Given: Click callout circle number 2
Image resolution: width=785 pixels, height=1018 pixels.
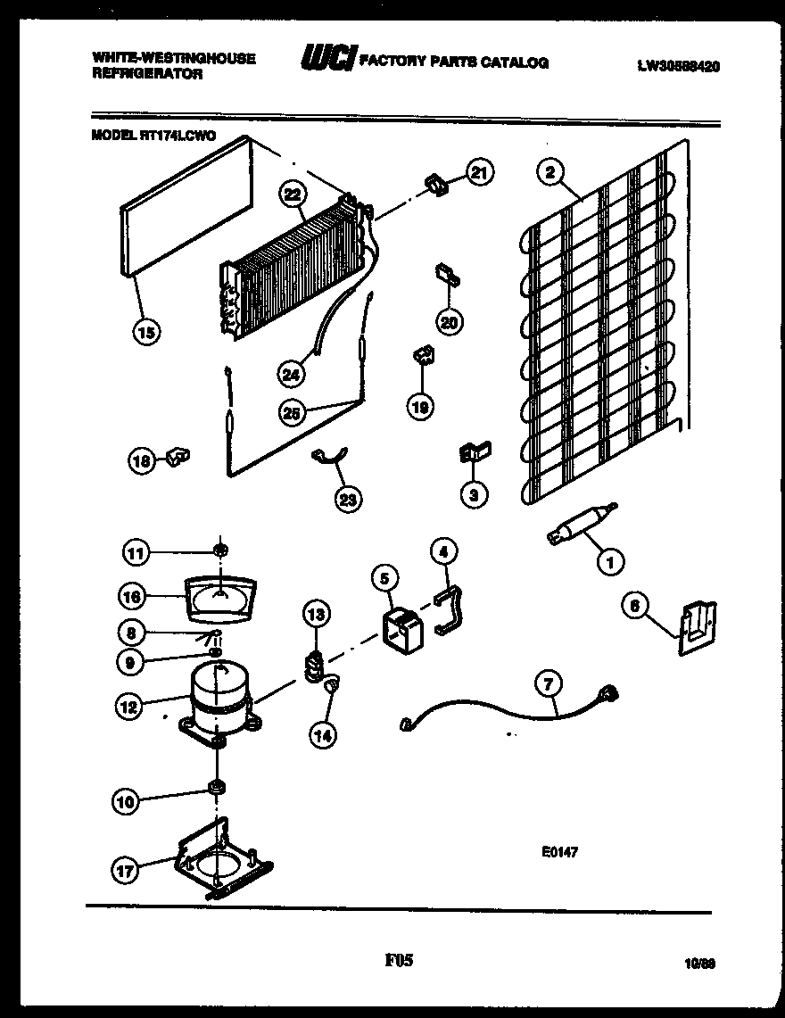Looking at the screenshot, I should point(549,172).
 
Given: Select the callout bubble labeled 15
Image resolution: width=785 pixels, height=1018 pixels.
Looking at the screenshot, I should point(147,332).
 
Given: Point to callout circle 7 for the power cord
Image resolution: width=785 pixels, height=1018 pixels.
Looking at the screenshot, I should point(548,684).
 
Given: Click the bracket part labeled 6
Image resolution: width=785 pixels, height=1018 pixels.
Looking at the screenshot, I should point(696,627).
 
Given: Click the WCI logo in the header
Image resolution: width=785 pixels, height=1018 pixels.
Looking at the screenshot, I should point(327,60).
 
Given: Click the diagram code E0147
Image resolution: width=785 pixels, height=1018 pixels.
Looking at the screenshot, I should point(559,852).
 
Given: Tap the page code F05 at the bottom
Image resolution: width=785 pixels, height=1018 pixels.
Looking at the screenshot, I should point(399,961).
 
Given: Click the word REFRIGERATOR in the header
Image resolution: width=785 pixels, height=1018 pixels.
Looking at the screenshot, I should point(147,75).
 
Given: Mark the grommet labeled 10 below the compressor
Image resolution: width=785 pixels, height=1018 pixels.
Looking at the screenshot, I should point(216,787).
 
